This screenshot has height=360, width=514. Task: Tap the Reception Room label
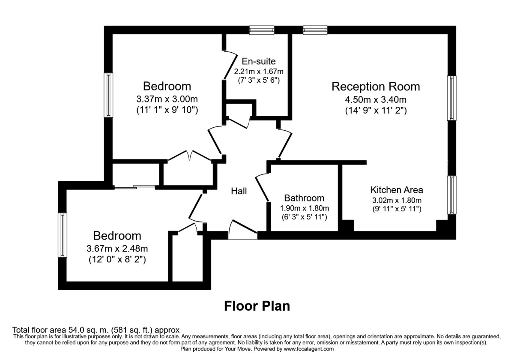[376, 87]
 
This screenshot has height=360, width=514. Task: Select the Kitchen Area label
[397, 190]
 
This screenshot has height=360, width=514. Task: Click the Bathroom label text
[304, 198]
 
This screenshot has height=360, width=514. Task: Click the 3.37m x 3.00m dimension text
[167, 99]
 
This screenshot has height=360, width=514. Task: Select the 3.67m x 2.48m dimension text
[117, 248]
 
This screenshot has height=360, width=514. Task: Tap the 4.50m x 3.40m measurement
[376, 100]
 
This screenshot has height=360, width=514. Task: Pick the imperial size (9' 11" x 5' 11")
[397, 209]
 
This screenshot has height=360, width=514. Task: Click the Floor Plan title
[257, 306]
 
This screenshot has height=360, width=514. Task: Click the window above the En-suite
[262, 30]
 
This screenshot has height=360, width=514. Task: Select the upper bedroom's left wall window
[109, 95]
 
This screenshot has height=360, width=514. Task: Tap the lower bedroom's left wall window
[63, 235]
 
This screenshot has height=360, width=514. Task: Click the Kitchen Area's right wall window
[451, 195]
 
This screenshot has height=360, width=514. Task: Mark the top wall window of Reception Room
[315, 30]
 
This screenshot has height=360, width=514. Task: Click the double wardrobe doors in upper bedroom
[189, 156]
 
